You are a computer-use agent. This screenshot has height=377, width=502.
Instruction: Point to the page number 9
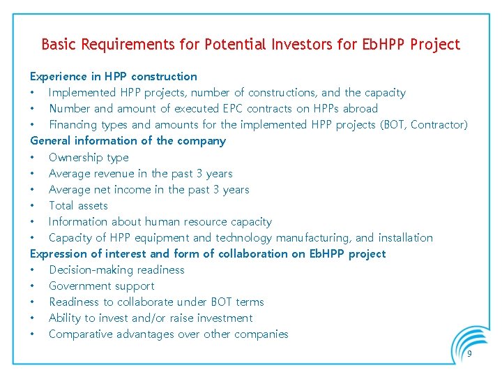pos(469,355)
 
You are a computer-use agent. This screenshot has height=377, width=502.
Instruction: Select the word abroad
pos(360,108)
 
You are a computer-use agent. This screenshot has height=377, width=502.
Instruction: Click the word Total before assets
pos(63,205)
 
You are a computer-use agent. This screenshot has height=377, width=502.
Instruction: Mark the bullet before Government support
pos(32,286)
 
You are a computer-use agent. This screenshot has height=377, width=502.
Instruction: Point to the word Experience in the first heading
pos(59,76)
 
